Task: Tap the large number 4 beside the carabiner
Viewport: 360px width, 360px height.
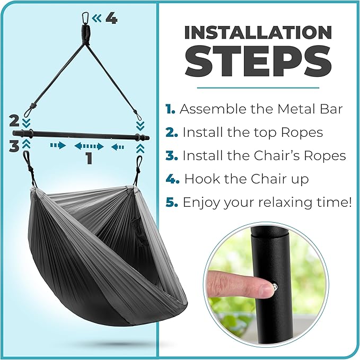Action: [111, 19]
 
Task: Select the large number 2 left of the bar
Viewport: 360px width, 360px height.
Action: [14, 121]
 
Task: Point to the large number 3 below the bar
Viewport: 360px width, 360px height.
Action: [14, 146]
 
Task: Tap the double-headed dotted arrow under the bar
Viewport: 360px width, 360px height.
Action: [89, 146]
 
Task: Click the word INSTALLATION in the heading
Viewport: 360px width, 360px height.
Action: [258, 32]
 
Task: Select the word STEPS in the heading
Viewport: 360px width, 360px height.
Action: [258, 61]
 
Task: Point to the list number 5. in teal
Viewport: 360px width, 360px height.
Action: [171, 202]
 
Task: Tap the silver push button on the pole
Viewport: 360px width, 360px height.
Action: [275, 287]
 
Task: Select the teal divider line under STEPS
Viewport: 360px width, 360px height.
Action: [258, 87]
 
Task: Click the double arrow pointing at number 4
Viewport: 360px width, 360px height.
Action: [96, 18]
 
